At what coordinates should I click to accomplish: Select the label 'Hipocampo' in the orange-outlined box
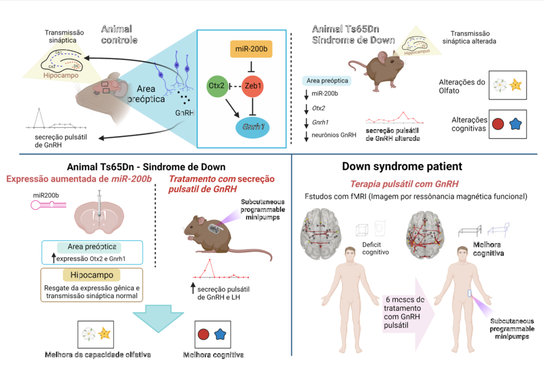[x=91, y=275]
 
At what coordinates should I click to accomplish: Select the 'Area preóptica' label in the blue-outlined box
[x=87, y=247]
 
